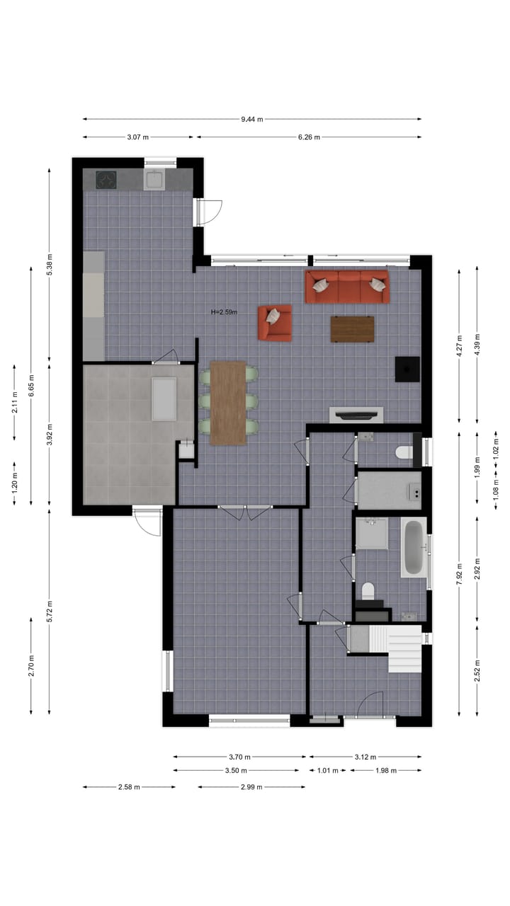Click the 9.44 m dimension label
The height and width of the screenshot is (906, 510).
(x=251, y=119)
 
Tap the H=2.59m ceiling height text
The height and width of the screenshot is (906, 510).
(x=225, y=312)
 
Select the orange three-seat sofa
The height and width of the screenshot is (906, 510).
(x=347, y=287)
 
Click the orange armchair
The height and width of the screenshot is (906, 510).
(x=275, y=323)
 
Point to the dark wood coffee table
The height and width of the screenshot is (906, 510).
(x=352, y=329)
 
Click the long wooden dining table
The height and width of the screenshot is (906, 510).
(x=227, y=403)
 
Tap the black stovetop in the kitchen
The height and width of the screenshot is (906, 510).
(x=106, y=180)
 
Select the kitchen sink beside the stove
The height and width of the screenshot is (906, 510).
(x=154, y=180)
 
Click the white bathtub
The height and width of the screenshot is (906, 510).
(x=413, y=547)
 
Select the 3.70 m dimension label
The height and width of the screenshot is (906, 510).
(x=240, y=757)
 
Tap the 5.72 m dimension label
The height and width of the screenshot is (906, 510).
(x=49, y=611)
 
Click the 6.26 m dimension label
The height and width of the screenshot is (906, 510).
(x=308, y=137)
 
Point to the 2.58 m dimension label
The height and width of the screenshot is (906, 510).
(x=128, y=787)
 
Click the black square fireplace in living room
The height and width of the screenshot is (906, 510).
(x=407, y=369)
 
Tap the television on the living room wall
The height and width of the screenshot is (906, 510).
(x=356, y=415)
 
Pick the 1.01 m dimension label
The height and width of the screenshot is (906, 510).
(x=327, y=771)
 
